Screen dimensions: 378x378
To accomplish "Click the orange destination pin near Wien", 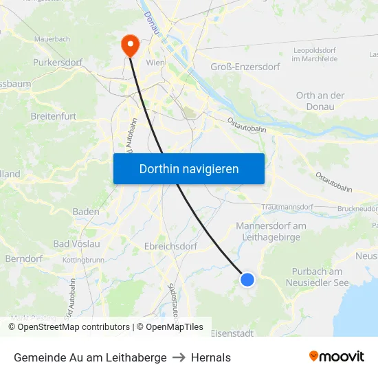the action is (x=129, y=45).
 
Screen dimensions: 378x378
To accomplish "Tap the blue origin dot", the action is (x=247, y=279).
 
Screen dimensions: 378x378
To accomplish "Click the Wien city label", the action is (x=155, y=63).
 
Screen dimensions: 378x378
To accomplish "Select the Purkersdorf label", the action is (x=58, y=63).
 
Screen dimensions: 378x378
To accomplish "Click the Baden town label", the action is (x=86, y=212).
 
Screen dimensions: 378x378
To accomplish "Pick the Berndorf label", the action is (x=24, y=259).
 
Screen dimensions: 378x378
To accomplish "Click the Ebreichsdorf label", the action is (x=171, y=246).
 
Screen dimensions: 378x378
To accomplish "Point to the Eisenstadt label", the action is (x=232, y=333).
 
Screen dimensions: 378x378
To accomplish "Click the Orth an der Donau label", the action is (x=320, y=101).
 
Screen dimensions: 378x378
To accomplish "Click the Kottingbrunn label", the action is (x=83, y=260).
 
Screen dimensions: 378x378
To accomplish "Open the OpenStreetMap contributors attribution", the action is (x=69, y=327).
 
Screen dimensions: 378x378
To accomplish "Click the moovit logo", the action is (x=336, y=356).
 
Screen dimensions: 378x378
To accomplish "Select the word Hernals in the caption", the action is (x=211, y=357).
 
